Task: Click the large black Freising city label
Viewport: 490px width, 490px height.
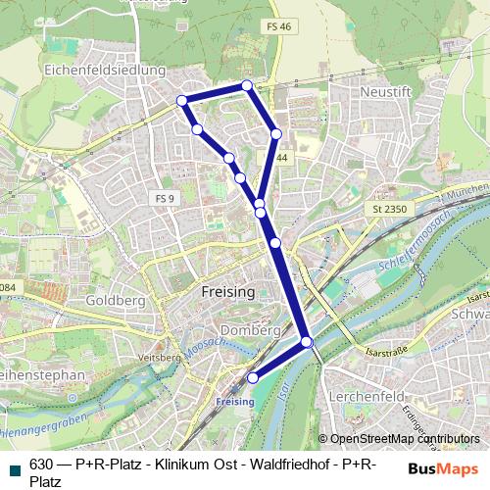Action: (x=226, y=292)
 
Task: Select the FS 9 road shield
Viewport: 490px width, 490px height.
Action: (x=164, y=198)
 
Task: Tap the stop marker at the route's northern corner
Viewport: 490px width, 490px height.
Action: (x=247, y=86)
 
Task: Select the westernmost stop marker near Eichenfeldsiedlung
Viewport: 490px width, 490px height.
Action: (x=181, y=101)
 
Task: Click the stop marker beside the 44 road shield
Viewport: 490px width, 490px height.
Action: (x=276, y=133)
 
